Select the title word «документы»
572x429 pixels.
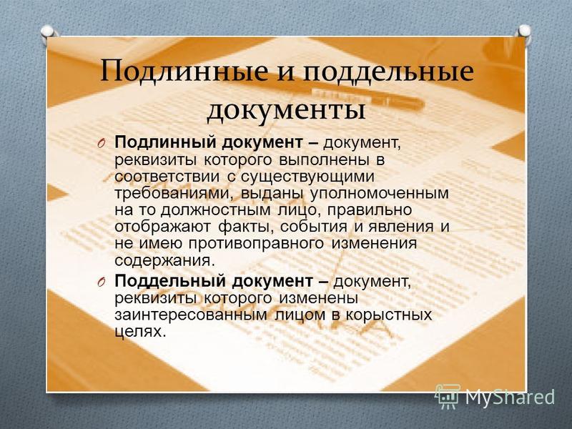point(287,109)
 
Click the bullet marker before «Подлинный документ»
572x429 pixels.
point(102,144)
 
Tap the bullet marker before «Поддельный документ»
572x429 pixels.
point(102,282)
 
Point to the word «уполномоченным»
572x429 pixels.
point(380,194)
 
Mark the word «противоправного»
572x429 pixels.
point(256,244)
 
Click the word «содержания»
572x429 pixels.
point(163,261)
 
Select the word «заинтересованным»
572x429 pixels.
point(191,315)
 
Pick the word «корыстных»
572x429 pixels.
point(388,315)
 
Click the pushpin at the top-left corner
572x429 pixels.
point(48,31)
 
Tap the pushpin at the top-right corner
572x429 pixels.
point(524,31)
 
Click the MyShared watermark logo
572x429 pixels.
point(494,396)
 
